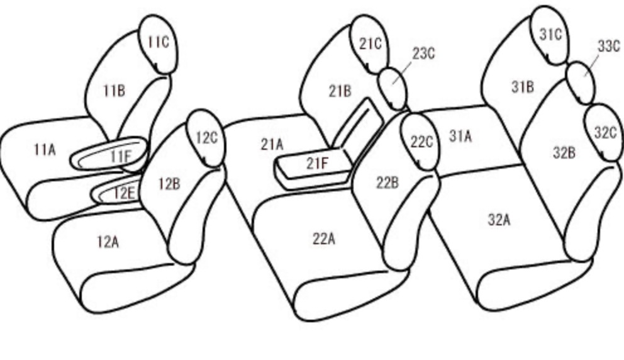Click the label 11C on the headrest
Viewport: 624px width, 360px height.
pos(159,42)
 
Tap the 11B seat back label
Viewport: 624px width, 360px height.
pos(114,91)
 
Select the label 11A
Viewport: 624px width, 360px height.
pos(45,150)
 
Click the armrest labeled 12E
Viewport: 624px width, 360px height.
pos(117,193)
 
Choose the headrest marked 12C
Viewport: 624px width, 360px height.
pos(205,138)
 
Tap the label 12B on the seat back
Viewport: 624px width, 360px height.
pos(169,184)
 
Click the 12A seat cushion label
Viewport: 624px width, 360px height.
pos(108,242)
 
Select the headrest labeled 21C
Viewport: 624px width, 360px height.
pos(369,45)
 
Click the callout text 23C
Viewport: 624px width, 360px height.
pos(423,53)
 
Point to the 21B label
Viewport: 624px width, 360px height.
pos(340,91)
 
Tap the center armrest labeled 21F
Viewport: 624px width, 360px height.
pos(315,167)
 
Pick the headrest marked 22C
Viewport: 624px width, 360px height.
pos(420,142)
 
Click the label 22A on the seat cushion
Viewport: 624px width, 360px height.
pos(323,239)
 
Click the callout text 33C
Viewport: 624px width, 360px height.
pos(609,47)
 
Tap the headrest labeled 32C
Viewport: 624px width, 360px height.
pos(604,132)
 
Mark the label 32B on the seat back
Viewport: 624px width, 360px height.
pos(564,153)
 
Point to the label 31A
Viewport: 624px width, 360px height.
pos(460,136)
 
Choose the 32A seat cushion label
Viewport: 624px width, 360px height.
pos(499,220)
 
